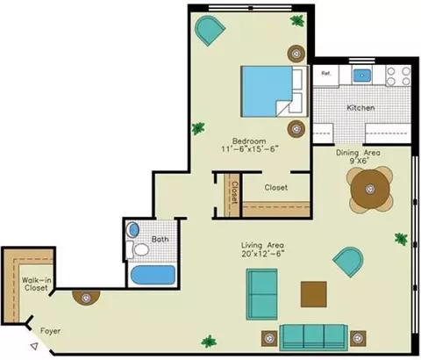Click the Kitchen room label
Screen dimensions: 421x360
coord(360,108)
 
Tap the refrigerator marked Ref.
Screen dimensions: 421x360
coord(326,76)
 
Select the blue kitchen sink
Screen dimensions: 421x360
coord(362,76)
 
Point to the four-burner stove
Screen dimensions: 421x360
coord(398,76)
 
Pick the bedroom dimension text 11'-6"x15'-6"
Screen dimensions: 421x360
coord(249,149)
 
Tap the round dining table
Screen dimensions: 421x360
coord(370,189)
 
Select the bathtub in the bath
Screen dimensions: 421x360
coord(153,275)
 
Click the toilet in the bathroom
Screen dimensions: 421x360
coord(138,249)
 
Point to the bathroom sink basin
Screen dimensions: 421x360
coord(133,230)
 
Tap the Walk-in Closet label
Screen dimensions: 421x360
coord(36,284)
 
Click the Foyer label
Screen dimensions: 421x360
coord(50,331)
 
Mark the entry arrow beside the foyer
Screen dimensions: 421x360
coord(34,346)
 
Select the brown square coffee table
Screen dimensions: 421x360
coord(314,294)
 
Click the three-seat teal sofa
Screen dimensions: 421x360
coord(313,337)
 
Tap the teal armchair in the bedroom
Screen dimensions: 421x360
coord(210,30)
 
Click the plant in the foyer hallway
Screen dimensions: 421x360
coord(209,342)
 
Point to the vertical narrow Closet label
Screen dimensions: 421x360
coord(234,193)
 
